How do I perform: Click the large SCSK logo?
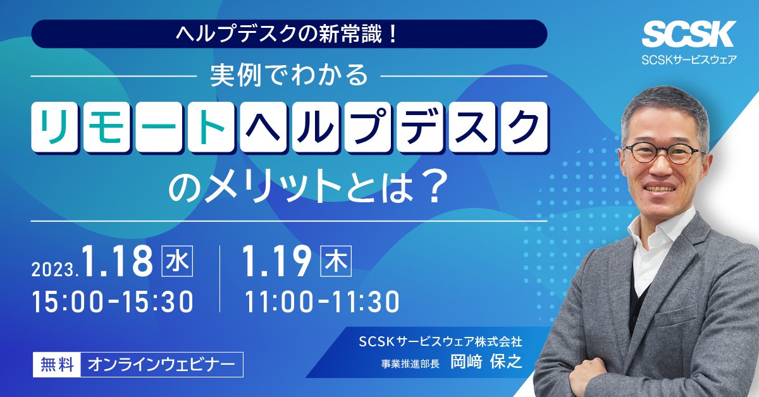(x=689, y=34)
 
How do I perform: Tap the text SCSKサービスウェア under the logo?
(x=689, y=59)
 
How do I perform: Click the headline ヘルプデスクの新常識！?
(x=287, y=34)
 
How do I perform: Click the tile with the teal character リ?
(x=54, y=126)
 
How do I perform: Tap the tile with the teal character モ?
(x=106, y=126)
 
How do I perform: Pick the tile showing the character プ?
(x=367, y=126)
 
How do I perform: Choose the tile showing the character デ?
(x=419, y=126)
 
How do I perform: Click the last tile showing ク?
(x=524, y=126)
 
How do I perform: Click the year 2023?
(x=54, y=271)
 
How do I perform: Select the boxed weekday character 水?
(x=177, y=261)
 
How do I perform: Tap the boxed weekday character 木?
(x=336, y=261)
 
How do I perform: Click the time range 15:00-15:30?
(x=113, y=302)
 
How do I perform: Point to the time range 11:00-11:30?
(x=322, y=302)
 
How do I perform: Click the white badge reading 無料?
(x=57, y=365)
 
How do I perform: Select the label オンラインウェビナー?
(x=162, y=365)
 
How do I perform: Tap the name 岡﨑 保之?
(x=486, y=362)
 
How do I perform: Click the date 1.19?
(x=276, y=261)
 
